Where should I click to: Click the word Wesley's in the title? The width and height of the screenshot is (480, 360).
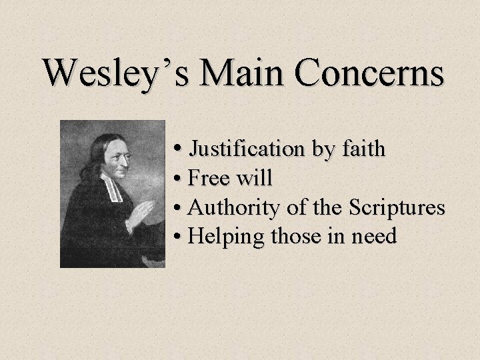point(113,73)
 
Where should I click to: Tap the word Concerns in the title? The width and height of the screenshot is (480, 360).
point(370,73)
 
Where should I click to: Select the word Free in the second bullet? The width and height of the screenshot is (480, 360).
point(209,178)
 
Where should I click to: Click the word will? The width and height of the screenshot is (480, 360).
point(255,178)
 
